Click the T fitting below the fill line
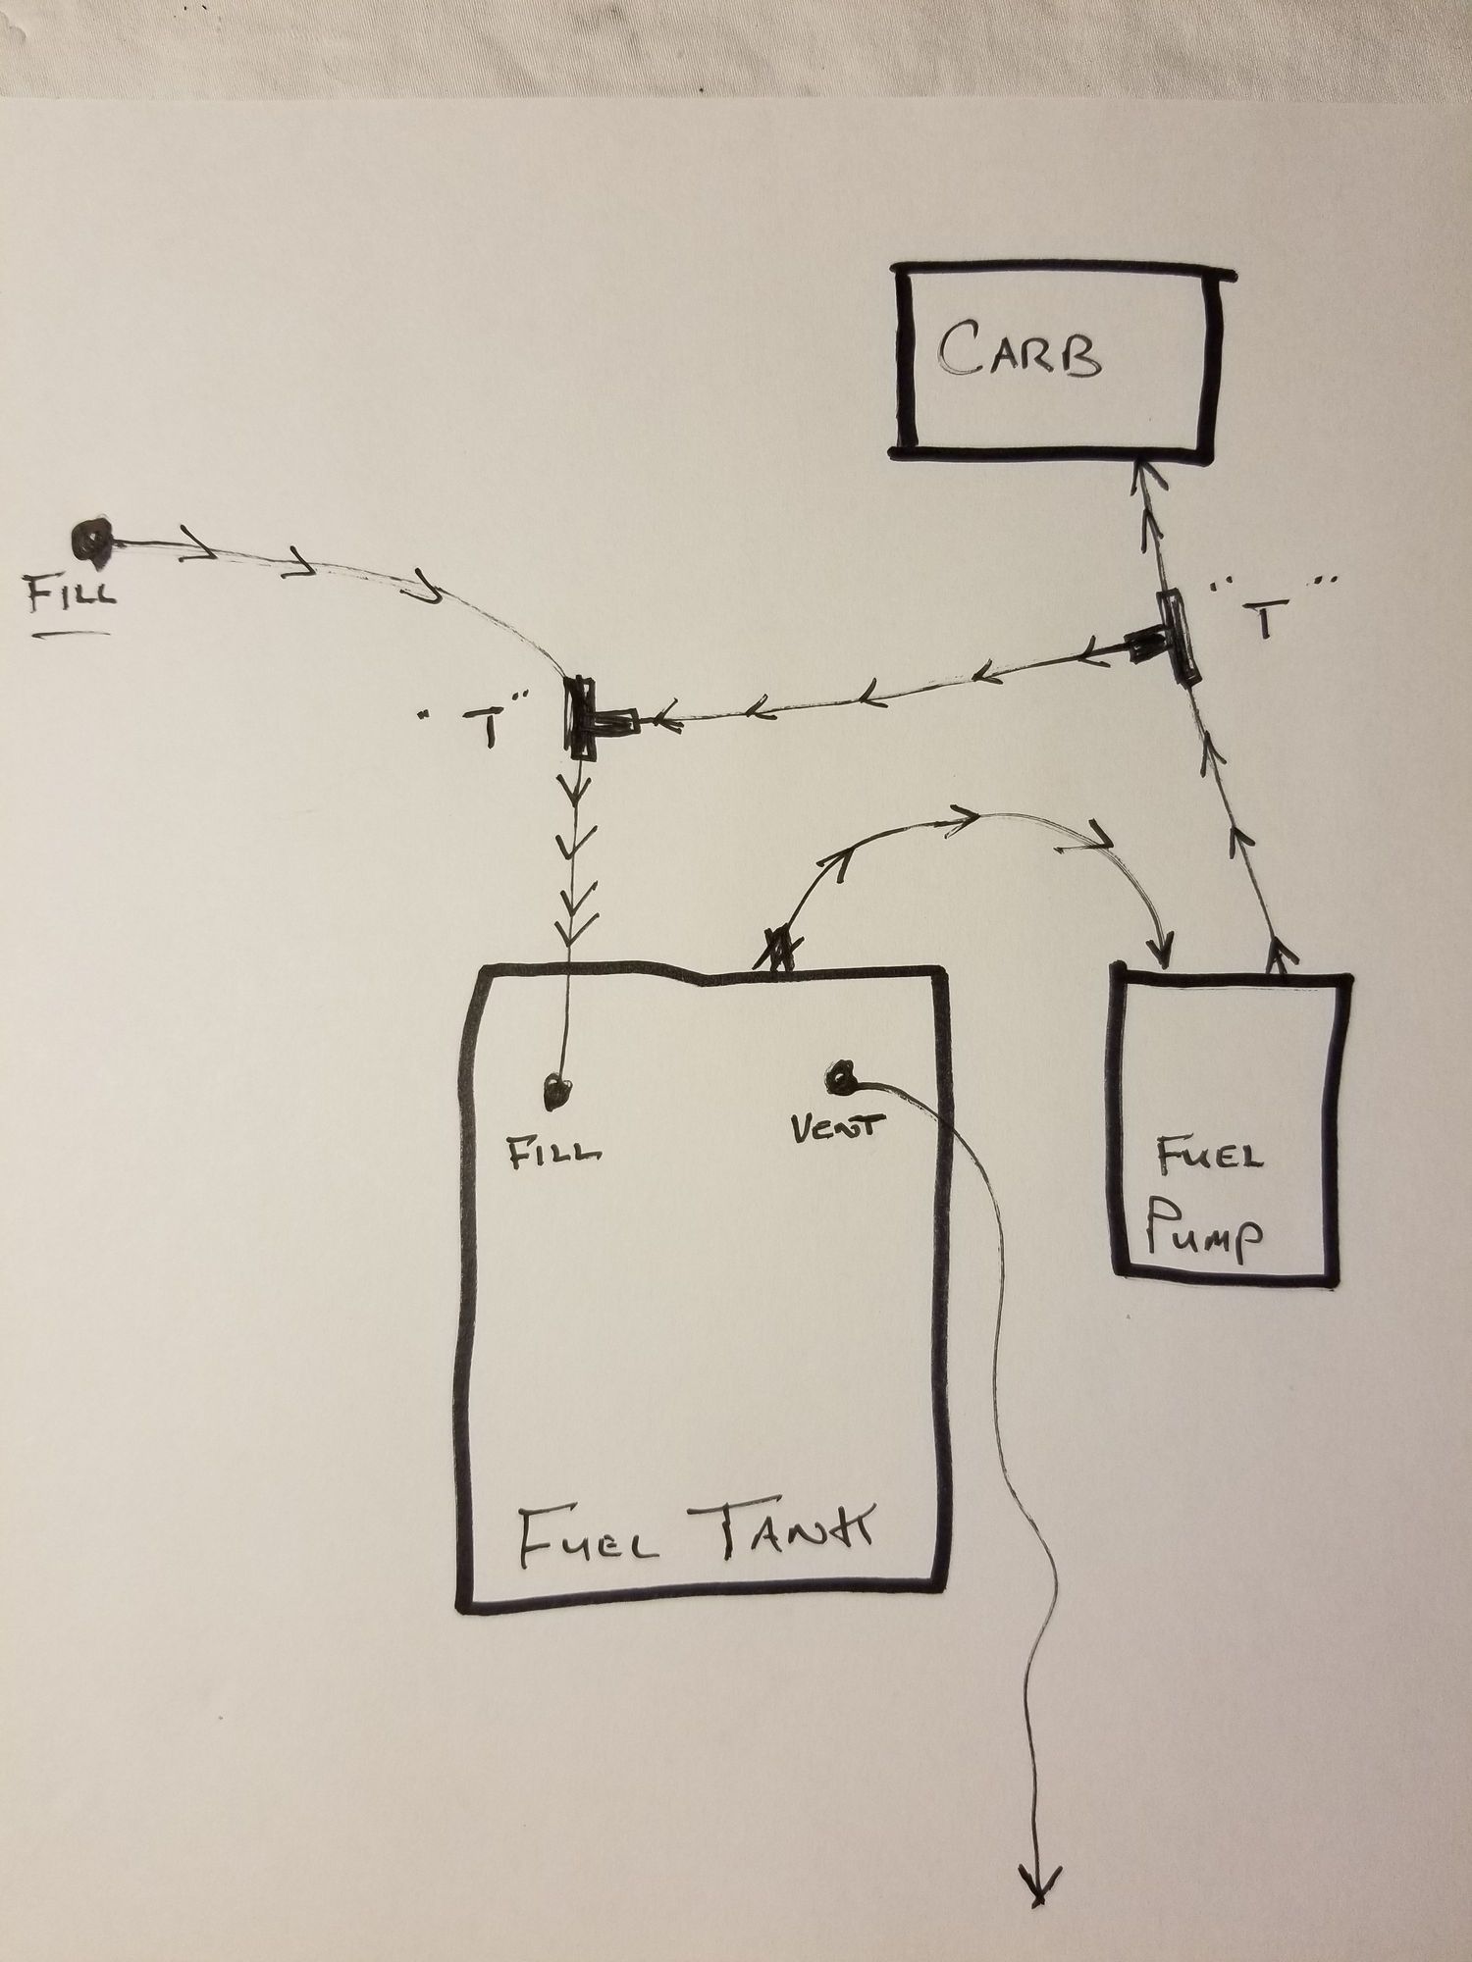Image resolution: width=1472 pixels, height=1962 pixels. pyautogui.click(x=587, y=717)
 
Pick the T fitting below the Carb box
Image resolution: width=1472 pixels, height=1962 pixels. pyautogui.click(x=1176, y=638)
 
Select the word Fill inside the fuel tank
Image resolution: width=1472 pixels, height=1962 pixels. pyautogui.click(x=553, y=1152)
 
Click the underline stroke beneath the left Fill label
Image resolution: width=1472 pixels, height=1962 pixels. pyautogui.click(x=74, y=635)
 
